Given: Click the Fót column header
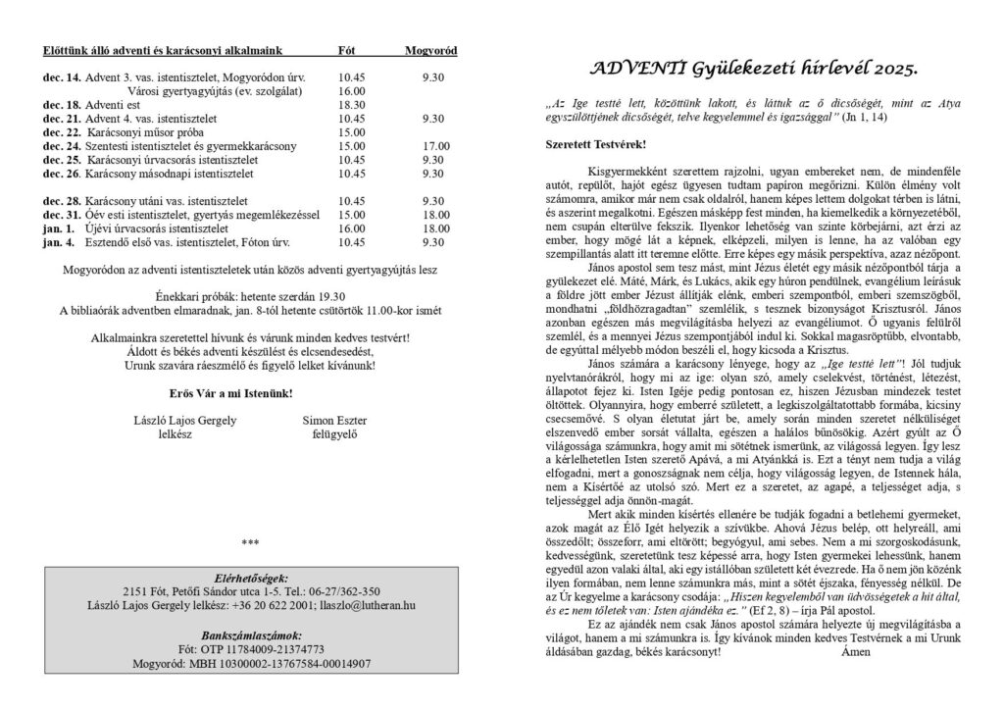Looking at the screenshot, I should click(345, 50).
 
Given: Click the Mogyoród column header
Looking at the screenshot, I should click(430, 50).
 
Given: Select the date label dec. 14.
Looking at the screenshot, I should click(62, 76).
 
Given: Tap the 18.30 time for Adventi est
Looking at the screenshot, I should click(351, 104).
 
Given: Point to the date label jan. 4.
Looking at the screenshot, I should click(59, 241).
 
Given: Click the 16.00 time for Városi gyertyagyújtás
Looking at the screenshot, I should click(351, 90).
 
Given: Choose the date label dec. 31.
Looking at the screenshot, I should click(62, 214).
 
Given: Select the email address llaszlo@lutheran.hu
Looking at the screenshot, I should click(358, 606).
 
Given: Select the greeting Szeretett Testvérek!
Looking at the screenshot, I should click(595, 144).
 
